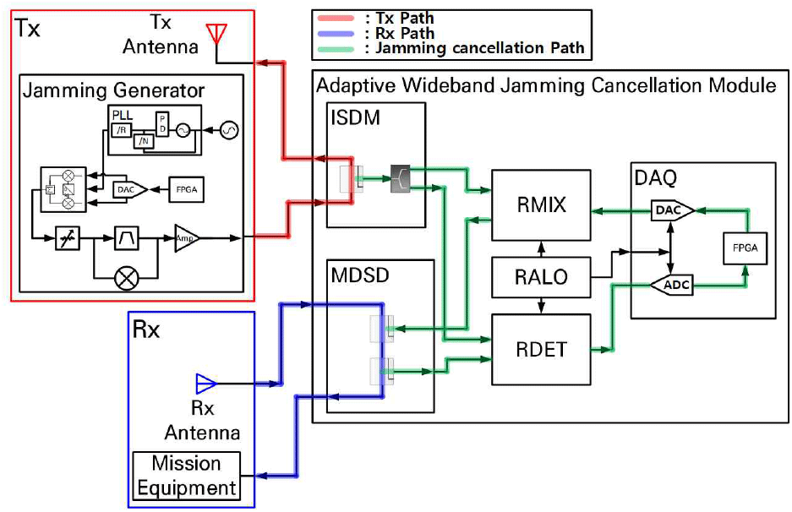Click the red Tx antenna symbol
[217, 32]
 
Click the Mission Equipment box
[186, 476]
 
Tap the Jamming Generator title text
[113, 90]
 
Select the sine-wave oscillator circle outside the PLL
[228, 130]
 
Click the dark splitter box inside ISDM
[400, 179]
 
